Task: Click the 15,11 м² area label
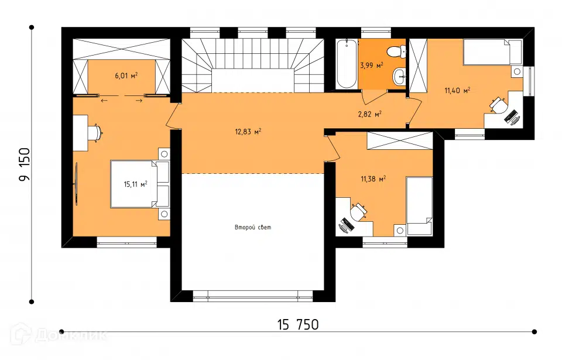[x=135, y=184]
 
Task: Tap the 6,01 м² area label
[x=126, y=76]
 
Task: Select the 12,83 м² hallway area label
[x=248, y=132]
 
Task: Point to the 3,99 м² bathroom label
[x=372, y=65]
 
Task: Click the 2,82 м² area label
[x=369, y=114]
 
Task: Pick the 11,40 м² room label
[x=457, y=90]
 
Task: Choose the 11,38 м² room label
[x=373, y=179]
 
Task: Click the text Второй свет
[x=253, y=227]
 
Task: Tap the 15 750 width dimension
[x=298, y=324]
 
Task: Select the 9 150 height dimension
[x=25, y=164]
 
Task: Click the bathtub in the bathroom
[x=347, y=64]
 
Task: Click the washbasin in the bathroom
[x=399, y=76]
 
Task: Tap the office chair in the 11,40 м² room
[x=499, y=105]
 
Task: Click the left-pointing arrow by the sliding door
[x=104, y=101]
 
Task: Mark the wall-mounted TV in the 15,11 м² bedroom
[x=76, y=184]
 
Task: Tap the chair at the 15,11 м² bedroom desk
[x=96, y=132]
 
